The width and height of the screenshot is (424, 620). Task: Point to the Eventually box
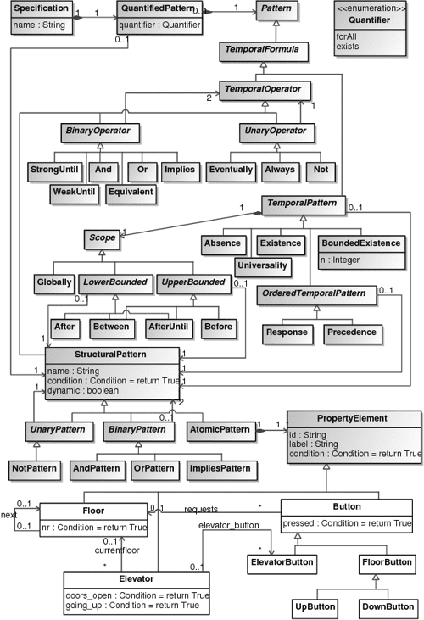point(230,169)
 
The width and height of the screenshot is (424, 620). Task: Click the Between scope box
point(111,326)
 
